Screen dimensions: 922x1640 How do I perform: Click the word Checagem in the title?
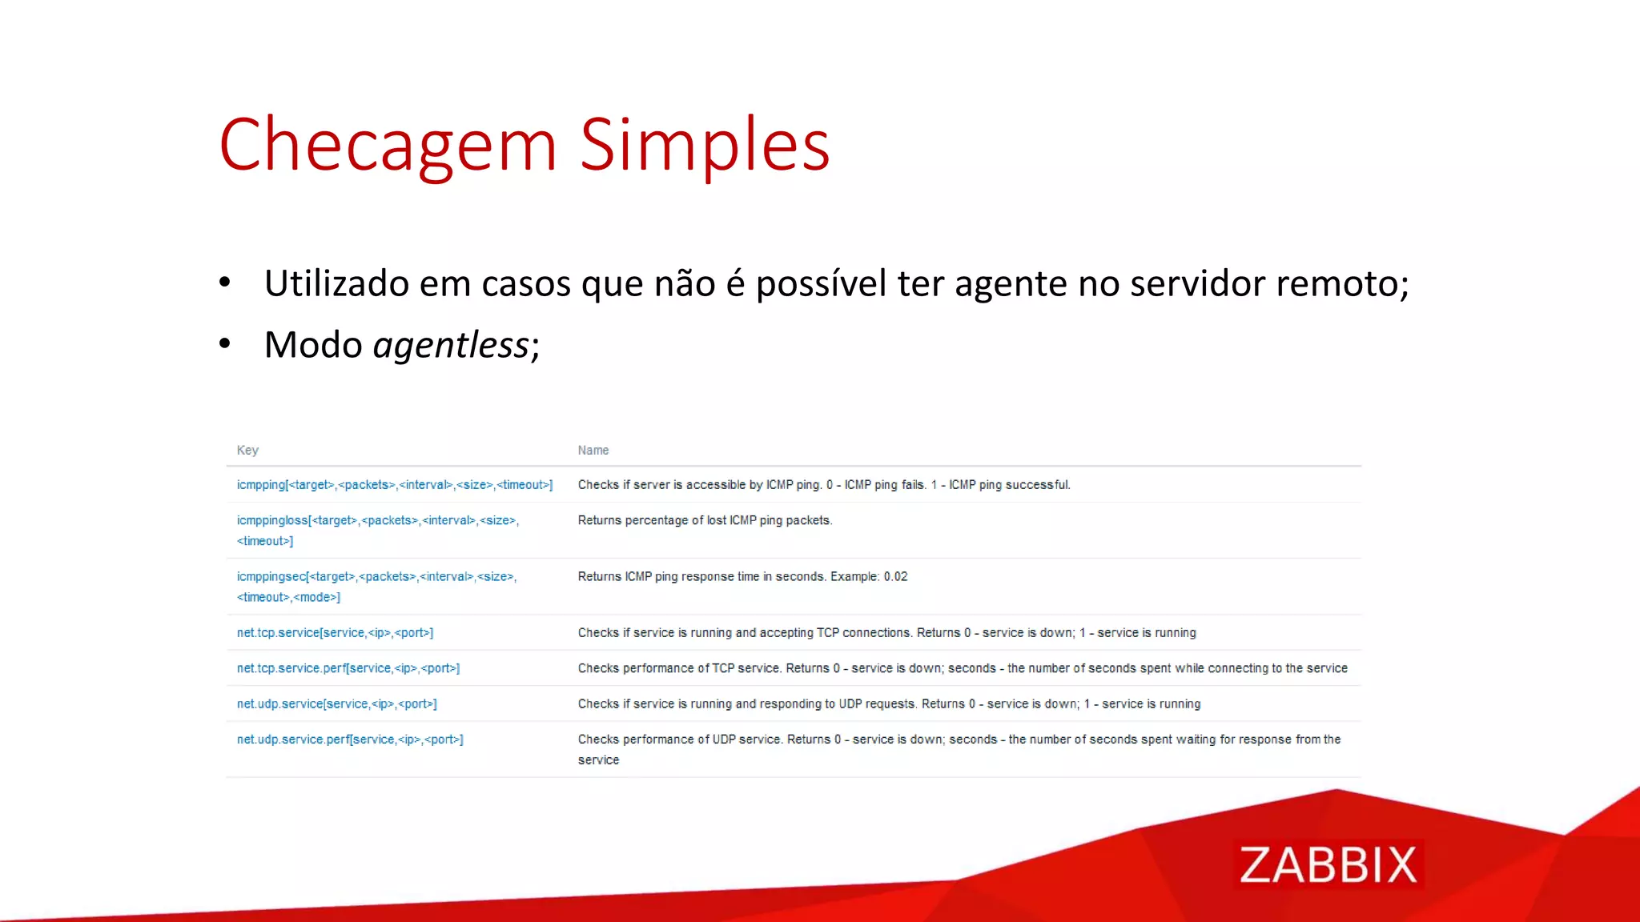point(388,145)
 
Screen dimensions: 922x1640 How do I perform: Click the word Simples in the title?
point(704,145)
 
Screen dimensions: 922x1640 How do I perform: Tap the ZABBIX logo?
point(1328,864)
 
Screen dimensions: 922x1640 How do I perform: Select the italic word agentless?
point(451,345)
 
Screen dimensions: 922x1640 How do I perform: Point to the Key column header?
point(247,451)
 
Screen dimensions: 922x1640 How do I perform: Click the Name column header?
point(593,451)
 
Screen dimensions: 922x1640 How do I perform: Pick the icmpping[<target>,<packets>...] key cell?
point(394,485)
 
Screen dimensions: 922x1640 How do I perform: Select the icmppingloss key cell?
point(377,530)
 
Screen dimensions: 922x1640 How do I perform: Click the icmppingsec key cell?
point(376,586)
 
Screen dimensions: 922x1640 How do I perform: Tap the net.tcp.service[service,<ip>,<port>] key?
point(335,633)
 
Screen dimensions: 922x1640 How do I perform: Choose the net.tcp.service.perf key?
point(348,668)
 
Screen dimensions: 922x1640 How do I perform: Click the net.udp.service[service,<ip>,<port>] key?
point(336,704)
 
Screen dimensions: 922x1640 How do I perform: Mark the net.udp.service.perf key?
point(350,740)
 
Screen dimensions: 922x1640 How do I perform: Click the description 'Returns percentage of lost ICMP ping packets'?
point(705,520)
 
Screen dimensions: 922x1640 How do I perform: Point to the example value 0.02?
point(895,577)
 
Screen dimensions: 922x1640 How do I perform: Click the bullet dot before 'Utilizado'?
point(225,282)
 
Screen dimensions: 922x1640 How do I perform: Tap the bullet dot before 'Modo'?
point(225,343)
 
